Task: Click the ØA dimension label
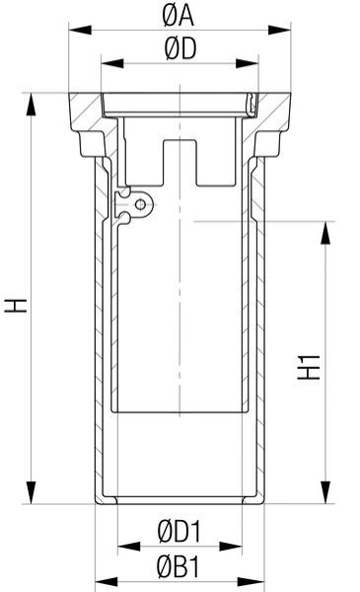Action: click(x=179, y=16)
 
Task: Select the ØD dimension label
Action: click(x=180, y=49)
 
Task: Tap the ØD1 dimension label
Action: click(x=180, y=531)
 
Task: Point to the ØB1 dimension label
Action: click(x=179, y=566)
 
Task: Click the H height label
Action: click(x=16, y=305)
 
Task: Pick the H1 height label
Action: click(x=309, y=367)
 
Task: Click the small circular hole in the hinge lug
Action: click(x=140, y=205)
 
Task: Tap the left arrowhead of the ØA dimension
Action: click(x=80, y=30)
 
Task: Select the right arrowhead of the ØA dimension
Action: click(x=280, y=30)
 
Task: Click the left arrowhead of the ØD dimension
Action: click(x=112, y=63)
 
